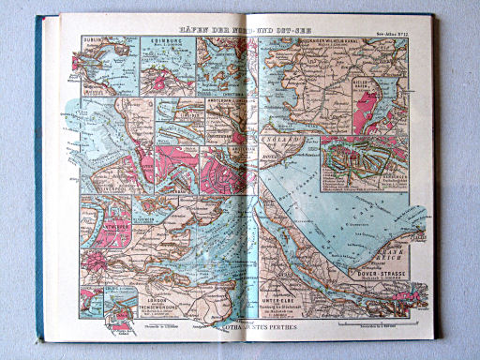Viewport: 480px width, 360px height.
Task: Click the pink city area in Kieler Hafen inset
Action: click(367, 112)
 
